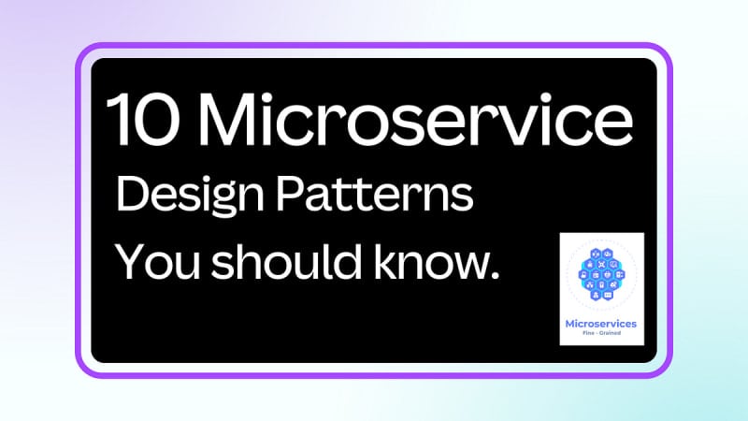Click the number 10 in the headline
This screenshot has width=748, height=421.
(143, 120)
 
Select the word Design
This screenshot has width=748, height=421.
(190, 196)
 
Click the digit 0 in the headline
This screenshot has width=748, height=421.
(157, 120)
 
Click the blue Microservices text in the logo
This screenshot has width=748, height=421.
(600, 324)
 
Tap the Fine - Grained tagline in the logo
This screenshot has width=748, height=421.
(601, 333)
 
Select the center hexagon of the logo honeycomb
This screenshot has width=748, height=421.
(601, 275)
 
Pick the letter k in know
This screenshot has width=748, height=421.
(385, 261)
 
